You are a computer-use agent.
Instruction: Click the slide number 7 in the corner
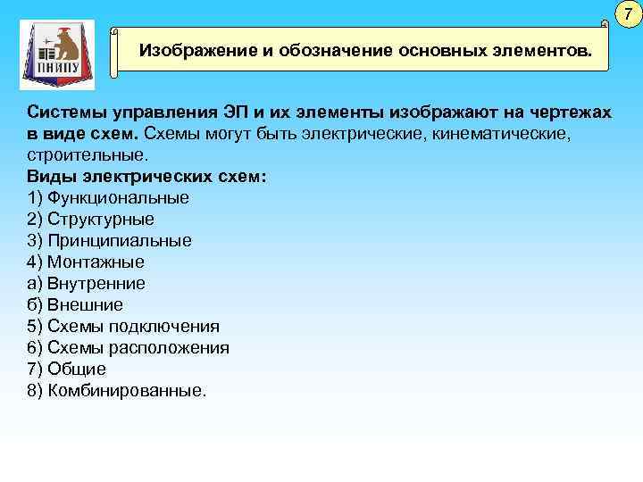coord(628,14)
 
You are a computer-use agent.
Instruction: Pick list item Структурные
coord(101,220)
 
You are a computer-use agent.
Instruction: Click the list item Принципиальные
coord(120,241)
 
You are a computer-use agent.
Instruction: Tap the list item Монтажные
coord(96,262)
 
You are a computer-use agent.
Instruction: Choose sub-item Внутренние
coord(96,284)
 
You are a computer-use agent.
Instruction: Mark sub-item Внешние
coord(85,305)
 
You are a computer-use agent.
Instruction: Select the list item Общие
coord(77,370)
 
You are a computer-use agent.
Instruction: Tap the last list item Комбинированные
coord(126,391)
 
